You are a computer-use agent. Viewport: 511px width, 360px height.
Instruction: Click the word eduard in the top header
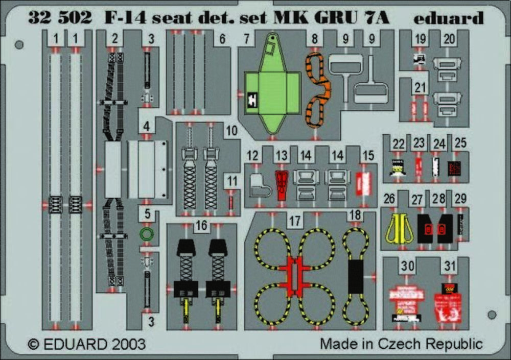[x=449, y=18]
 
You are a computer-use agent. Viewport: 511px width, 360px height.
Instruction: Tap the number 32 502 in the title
[x=60, y=18]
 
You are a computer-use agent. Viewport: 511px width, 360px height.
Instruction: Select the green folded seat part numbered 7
[x=271, y=92]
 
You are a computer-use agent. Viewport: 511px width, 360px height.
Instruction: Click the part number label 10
[x=231, y=131]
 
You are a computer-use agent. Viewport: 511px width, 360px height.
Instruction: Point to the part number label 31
[x=450, y=266]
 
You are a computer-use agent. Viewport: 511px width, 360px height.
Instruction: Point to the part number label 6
[x=222, y=39]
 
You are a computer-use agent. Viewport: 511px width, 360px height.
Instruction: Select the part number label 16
[x=202, y=226]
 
